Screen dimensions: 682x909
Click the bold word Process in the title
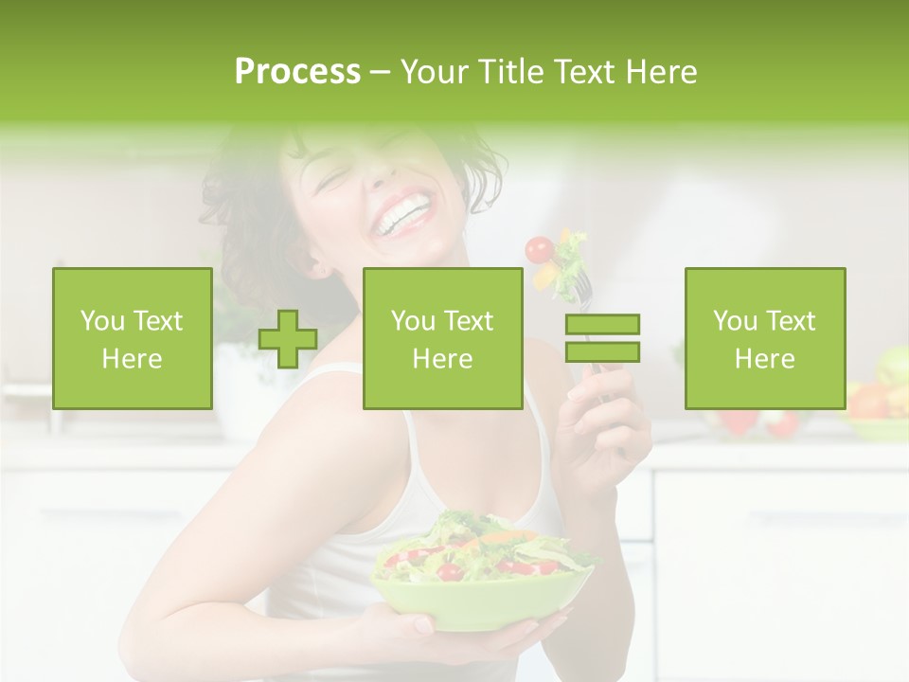(x=297, y=72)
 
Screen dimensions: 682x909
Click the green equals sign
(x=602, y=338)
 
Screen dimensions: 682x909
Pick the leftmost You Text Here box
(x=133, y=339)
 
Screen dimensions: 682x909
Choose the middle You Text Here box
(x=442, y=339)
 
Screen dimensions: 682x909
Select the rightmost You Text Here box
(x=764, y=339)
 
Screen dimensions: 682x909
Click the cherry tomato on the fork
(x=539, y=249)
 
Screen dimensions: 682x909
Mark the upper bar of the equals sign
(x=602, y=325)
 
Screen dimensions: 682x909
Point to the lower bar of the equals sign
(x=602, y=351)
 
